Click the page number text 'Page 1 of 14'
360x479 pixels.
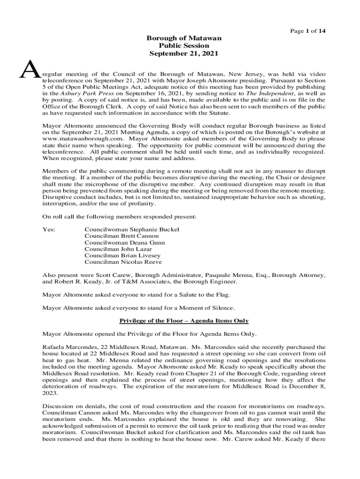308,31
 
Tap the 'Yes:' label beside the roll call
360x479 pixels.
49,230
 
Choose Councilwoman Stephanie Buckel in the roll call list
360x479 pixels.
132,230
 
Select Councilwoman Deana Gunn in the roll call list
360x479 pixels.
124,243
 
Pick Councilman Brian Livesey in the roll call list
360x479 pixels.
122,256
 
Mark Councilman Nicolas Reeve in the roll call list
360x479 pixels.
123,262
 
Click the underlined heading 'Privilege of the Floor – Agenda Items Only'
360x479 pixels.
184,321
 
